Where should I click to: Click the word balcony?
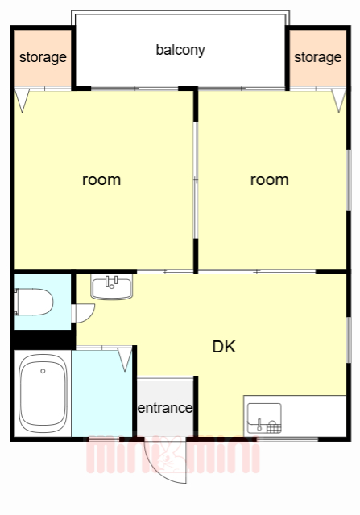(x=180, y=50)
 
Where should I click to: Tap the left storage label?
(x=43, y=57)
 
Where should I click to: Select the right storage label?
(x=317, y=57)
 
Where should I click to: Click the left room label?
(x=101, y=180)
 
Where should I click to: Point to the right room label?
(x=270, y=180)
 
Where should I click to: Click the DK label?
(x=224, y=347)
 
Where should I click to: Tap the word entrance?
(x=165, y=408)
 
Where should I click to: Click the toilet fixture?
(x=34, y=302)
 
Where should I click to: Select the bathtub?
(x=43, y=393)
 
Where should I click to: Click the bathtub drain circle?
(x=43, y=371)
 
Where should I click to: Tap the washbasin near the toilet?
(x=112, y=287)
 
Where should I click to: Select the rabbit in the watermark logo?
(x=170, y=455)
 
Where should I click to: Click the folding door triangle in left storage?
(x=23, y=101)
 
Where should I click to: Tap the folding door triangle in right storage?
(x=338, y=101)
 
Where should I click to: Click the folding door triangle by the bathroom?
(x=125, y=360)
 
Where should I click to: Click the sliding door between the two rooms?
(x=196, y=180)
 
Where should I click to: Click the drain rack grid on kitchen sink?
(x=274, y=428)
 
